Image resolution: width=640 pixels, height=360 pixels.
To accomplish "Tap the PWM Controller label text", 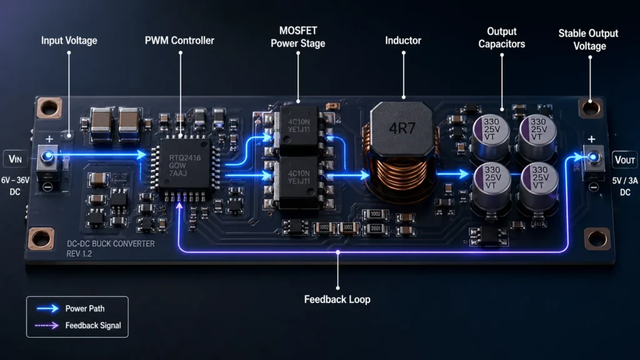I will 181,41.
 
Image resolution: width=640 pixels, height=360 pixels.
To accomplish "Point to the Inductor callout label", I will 403,41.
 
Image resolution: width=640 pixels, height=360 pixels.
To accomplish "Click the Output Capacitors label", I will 502,37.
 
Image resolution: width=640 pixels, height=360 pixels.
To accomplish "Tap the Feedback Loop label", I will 337,299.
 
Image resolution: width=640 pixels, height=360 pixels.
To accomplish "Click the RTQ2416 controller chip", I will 182,163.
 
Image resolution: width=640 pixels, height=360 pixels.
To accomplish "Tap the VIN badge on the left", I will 16,158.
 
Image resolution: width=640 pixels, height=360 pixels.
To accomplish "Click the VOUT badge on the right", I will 624,159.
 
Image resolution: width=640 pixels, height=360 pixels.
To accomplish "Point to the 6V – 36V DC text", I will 16,186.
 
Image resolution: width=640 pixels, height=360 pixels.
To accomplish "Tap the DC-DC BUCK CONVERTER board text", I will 110,244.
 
